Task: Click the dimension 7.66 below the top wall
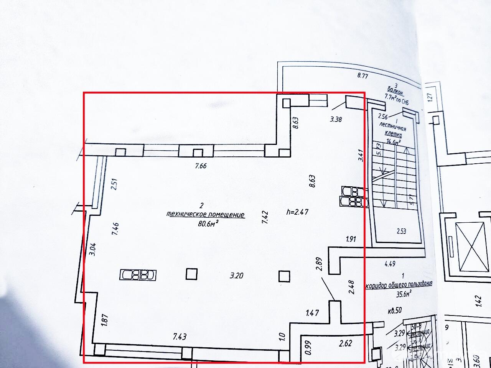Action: point(201,166)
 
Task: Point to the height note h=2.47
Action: point(298,212)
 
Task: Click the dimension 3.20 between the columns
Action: point(237,275)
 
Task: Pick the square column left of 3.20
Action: point(191,274)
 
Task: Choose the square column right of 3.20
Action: point(284,276)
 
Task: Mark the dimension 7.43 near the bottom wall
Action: point(180,337)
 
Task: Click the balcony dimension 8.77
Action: point(362,76)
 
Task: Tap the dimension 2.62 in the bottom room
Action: point(345,343)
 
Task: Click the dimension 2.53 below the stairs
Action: point(401,231)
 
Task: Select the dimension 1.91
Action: point(351,239)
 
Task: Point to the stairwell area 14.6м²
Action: point(394,141)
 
